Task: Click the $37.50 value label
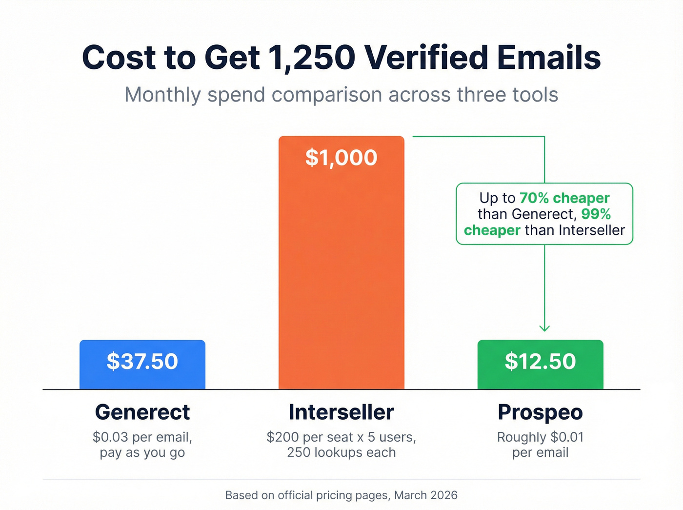[x=142, y=362]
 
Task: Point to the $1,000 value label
[x=341, y=158]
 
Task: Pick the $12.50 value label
[x=540, y=362]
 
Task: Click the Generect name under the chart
[x=142, y=412]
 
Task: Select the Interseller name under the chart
[x=341, y=412]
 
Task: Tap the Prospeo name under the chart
[x=540, y=412]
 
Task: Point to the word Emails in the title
[x=549, y=58]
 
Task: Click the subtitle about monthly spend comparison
[x=341, y=95]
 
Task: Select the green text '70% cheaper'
[x=564, y=198]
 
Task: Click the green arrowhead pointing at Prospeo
[x=544, y=328]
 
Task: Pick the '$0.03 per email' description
[x=142, y=437]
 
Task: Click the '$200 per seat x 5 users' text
[x=341, y=437]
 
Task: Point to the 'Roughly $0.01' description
[x=540, y=437]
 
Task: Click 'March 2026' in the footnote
[x=425, y=495]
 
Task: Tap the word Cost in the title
[x=119, y=58]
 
